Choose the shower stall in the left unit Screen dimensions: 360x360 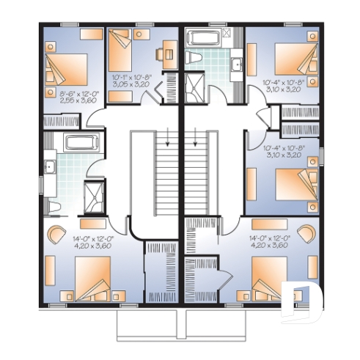tap(95, 193)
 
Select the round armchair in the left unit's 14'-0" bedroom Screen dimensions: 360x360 tap(56, 234)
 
